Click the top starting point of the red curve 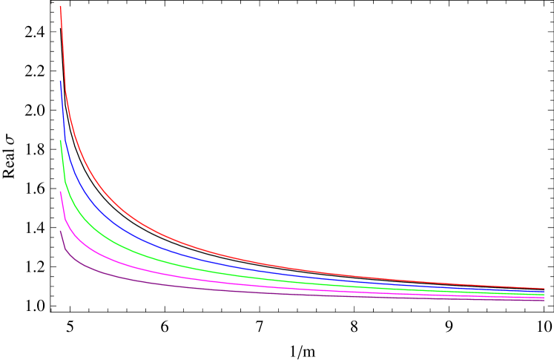coord(60,7)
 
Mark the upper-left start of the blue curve coord(60,81)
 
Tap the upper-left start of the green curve coord(60,140)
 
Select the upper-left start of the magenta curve coord(60,192)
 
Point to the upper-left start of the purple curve coord(60,231)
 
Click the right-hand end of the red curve coord(544,288)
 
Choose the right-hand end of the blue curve coord(544,292)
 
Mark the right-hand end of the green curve coord(544,295)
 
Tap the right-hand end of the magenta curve coord(544,298)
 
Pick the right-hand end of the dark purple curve coord(544,301)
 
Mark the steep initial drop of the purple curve coord(62,240)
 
